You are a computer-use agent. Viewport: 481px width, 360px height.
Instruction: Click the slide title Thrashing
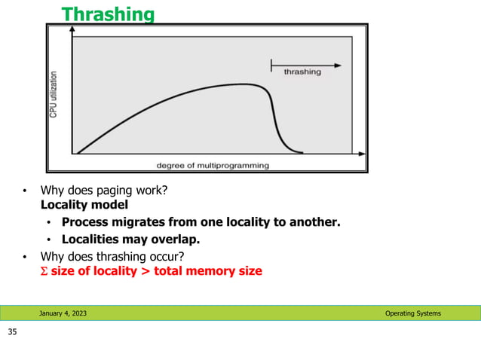[108, 14]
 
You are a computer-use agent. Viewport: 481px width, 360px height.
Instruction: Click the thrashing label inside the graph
[302, 72]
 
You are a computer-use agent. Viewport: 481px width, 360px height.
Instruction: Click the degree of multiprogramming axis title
[212, 164]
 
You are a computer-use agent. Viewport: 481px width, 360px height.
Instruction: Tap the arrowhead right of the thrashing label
[337, 66]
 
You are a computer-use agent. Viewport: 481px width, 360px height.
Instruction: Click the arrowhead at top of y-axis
[72, 31]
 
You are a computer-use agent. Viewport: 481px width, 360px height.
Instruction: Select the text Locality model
[84, 204]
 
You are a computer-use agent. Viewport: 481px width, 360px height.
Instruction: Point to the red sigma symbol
[43, 271]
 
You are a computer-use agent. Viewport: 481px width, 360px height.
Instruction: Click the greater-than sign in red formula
[145, 271]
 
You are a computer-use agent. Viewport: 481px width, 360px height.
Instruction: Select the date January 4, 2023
[63, 313]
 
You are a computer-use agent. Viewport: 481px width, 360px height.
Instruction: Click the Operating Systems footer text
[413, 313]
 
